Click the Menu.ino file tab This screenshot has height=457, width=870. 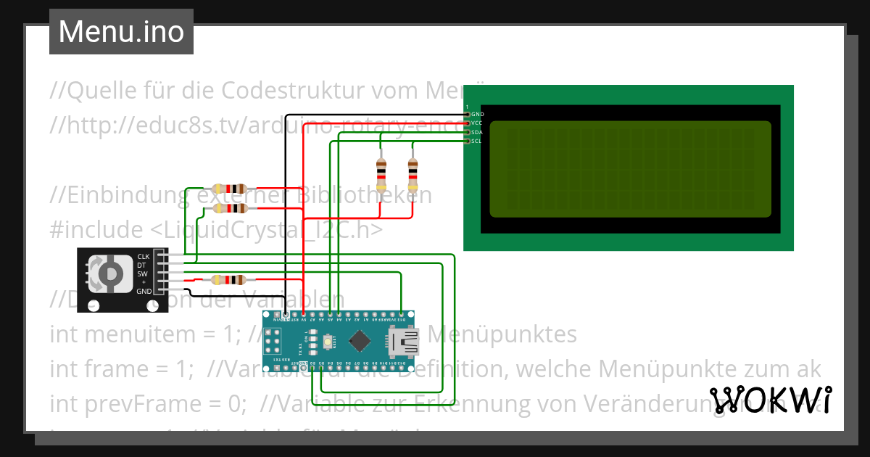[x=121, y=32]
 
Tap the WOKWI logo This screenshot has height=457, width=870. [x=770, y=400]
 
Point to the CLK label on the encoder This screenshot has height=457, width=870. [x=144, y=257]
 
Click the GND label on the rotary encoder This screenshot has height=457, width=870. [x=144, y=291]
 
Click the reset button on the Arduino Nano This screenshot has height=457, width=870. [x=328, y=340]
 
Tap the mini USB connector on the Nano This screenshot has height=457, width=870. [x=404, y=340]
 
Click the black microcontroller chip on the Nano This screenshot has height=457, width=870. [x=360, y=339]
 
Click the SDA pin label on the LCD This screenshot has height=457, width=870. [x=476, y=133]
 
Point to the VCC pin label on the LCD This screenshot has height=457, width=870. [x=476, y=123]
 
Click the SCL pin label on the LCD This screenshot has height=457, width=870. [x=476, y=141]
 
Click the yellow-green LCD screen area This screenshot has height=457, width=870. [x=630, y=169]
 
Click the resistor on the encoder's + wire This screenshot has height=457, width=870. [x=228, y=280]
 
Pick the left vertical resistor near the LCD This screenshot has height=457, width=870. [x=381, y=174]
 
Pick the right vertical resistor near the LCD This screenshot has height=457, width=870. [x=413, y=174]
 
